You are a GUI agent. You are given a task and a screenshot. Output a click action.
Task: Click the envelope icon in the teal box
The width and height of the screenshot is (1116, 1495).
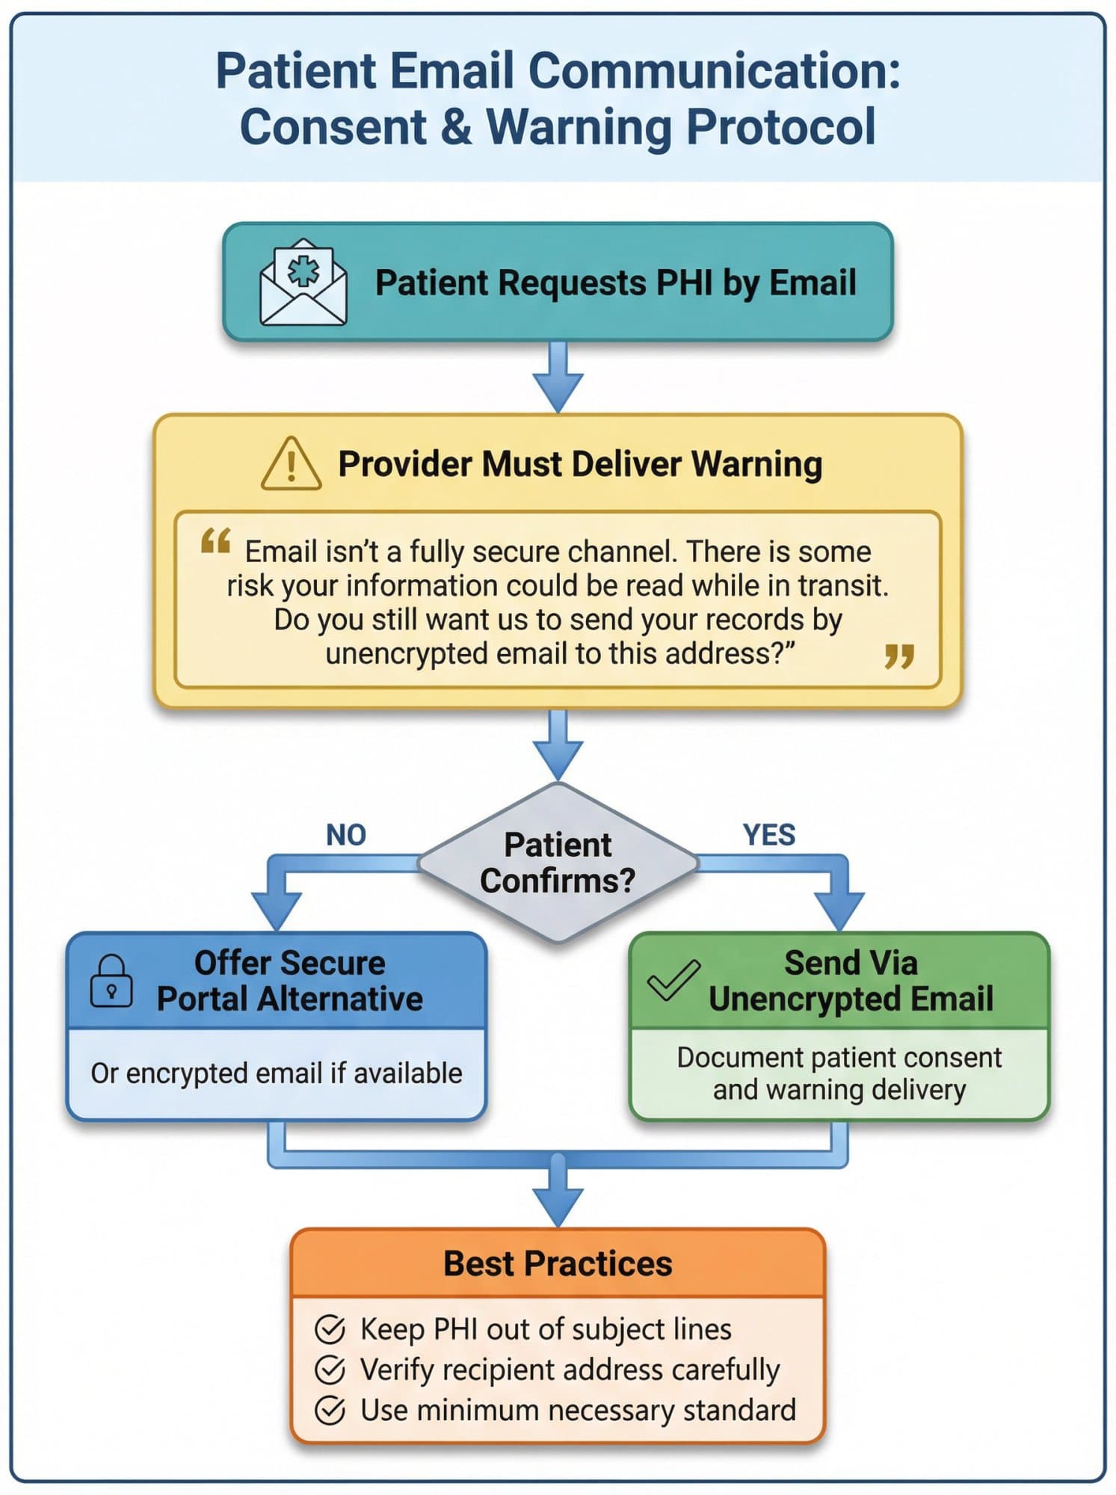tap(303, 283)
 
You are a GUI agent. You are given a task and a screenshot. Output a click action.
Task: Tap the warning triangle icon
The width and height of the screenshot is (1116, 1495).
tap(291, 465)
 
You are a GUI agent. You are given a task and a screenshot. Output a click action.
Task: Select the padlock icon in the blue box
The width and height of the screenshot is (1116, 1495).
tap(111, 982)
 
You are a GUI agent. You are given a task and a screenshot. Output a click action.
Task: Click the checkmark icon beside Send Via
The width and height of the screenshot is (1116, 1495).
tap(673, 980)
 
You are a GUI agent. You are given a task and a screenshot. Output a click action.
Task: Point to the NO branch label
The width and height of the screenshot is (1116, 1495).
tap(345, 835)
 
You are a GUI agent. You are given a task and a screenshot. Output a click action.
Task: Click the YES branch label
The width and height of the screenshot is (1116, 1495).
tap(768, 835)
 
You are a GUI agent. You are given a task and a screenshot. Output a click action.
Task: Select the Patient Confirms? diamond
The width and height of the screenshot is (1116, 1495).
tap(558, 863)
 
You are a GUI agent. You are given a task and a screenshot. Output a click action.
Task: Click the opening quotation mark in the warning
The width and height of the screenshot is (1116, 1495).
tap(215, 541)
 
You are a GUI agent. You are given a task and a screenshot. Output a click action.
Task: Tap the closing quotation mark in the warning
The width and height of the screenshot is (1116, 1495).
tap(898, 657)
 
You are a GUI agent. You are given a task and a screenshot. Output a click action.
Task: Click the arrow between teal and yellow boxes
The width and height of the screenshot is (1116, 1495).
tap(558, 377)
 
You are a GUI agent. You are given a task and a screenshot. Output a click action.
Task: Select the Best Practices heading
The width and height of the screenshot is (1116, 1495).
tap(558, 1264)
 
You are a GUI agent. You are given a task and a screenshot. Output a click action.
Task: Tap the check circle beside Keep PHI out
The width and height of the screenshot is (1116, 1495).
tap(330, 1330)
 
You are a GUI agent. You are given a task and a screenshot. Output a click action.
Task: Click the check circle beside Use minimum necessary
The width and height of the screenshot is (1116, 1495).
tap(330, 1411)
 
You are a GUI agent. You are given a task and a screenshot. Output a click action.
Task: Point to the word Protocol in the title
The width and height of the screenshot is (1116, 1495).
tap(780, 127)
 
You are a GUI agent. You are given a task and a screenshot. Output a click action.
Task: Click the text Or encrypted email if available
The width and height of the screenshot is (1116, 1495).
tap(277, 1073)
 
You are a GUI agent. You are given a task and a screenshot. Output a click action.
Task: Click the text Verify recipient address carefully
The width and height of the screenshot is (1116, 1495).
tap(570, 1369)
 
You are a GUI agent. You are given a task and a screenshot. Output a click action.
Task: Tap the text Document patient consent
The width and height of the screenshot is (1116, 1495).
tap(839, 1058)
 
